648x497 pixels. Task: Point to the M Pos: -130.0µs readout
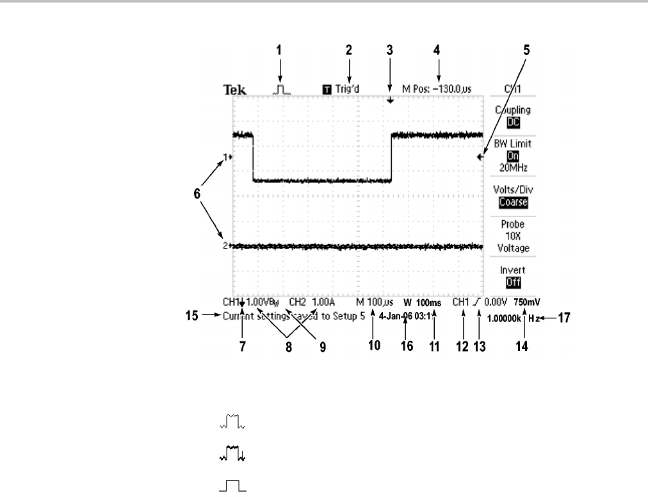coord(437,89)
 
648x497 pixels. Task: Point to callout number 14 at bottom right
coord(524,345)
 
